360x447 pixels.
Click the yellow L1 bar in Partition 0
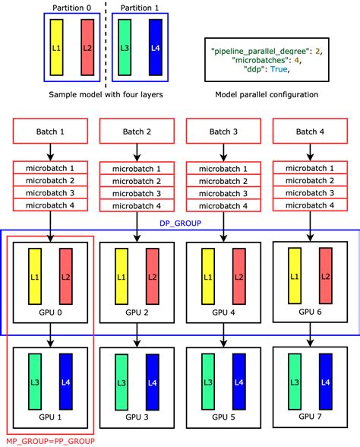(x=55, y=48)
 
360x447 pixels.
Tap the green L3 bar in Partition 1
(x=125, y=48)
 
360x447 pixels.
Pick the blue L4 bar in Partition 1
(x=155, y=48)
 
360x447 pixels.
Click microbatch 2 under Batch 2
(x=137, y=180)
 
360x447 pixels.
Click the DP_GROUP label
(x=180, y=223)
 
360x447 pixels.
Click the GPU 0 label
(x=49, y=312)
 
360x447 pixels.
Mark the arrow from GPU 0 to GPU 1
(x=49, y=331)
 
